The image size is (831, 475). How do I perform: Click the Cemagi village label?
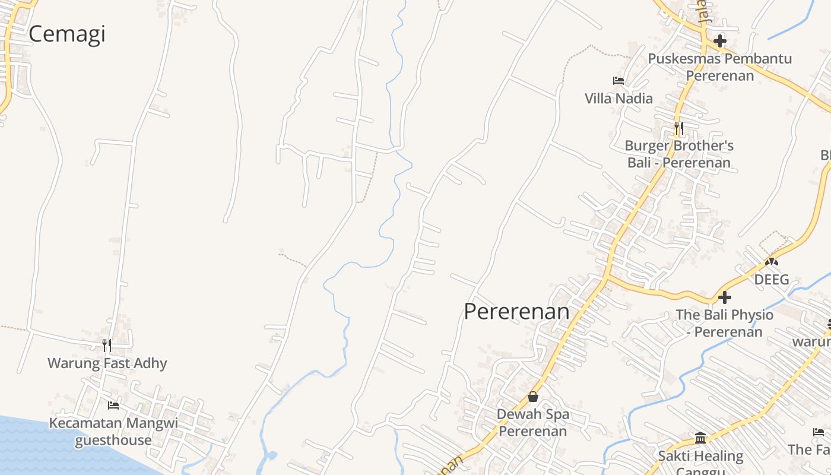pyautogui.click(x=66, y=34)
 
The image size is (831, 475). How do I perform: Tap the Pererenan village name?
pyautogui.click(x=516, y=312)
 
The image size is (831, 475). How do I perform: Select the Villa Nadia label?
pyautogui.click(x=619, y=99)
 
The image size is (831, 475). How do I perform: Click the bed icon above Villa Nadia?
pyautogui.click(x=619, y=81)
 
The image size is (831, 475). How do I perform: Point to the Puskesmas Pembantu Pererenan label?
pyautogui.click(x=719, y=67)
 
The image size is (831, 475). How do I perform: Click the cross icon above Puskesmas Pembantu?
pyautogui.click(x=720, y=41)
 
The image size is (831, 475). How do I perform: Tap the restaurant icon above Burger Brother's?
pyautogui.click(x=679, y=128)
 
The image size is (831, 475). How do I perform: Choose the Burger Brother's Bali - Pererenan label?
pyautogui.click(x=679, y=154)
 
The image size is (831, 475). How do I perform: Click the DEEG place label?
pyautogui.click(x=772, y=279)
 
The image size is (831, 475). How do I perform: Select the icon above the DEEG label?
pyautogui.click(x=772, y=261)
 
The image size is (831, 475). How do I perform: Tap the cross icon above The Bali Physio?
pyautogui.click(x=724, y=297)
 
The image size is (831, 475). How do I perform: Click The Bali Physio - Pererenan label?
pyautogui.click(x=724, y=323)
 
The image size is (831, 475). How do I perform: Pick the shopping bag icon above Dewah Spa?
pyautogui.click(x=533, y=397)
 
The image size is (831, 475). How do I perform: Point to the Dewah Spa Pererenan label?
pyautogui.click(x=533, y=422)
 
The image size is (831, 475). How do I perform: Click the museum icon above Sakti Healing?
pyautogui.click(x=700, y=438)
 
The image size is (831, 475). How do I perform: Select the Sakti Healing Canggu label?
pyautogui.click(x=700, y=460)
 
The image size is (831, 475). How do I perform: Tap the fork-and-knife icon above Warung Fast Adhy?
pyautogui.click(x=107, y=345)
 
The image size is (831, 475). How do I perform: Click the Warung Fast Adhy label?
pyautogui.click(x=107, y=363)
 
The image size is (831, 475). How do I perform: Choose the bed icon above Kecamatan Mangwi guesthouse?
pyautogui.click(x=113, y=406)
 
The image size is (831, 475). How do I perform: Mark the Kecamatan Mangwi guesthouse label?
pyautogui.click(x=113, y=432)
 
